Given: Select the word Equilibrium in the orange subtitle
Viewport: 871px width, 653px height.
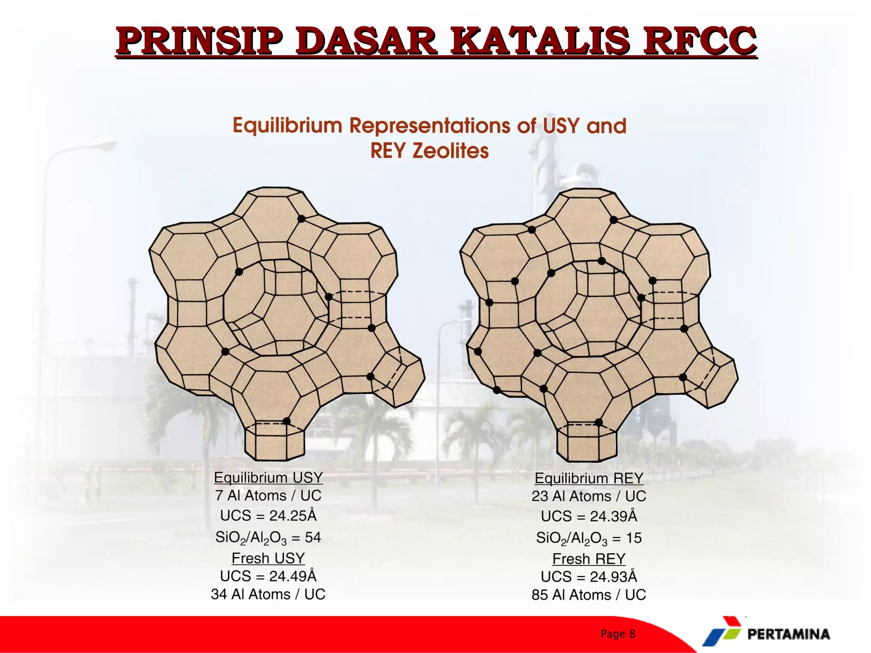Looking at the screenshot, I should [x=287, y=126].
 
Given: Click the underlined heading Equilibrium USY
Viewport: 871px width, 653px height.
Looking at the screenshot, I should [x=268, y=477].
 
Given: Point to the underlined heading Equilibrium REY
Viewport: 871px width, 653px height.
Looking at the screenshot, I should [x=589, y=478].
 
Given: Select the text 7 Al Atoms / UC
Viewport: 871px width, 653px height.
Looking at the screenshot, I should [x=268, y=496].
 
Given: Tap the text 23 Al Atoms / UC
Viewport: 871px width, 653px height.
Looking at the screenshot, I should [x=589, y=496].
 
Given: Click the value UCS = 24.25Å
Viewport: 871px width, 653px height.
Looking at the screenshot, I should [x=268, y=515].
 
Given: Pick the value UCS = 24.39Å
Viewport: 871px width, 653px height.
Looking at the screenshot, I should [x=589, y=516].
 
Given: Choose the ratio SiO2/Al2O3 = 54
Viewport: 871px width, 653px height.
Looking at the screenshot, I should [x=268, y=537].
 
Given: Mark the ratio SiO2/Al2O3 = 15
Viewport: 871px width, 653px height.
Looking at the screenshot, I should [x=589, y=538].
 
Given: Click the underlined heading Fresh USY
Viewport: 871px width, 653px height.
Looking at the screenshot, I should [x=268, y=558].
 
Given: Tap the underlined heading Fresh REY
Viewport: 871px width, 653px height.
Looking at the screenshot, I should [x=589, y=559].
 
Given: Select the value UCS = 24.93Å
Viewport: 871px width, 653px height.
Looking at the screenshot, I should [x=589, y=577].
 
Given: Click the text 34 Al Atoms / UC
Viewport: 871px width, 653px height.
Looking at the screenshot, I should [x=268, y=594].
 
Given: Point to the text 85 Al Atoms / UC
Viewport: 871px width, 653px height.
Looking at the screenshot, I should [x=589, y=595].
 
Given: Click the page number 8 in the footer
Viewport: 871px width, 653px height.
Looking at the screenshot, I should [x=632, y=634].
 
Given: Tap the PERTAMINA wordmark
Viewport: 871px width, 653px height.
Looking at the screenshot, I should [x=788, y=634].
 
